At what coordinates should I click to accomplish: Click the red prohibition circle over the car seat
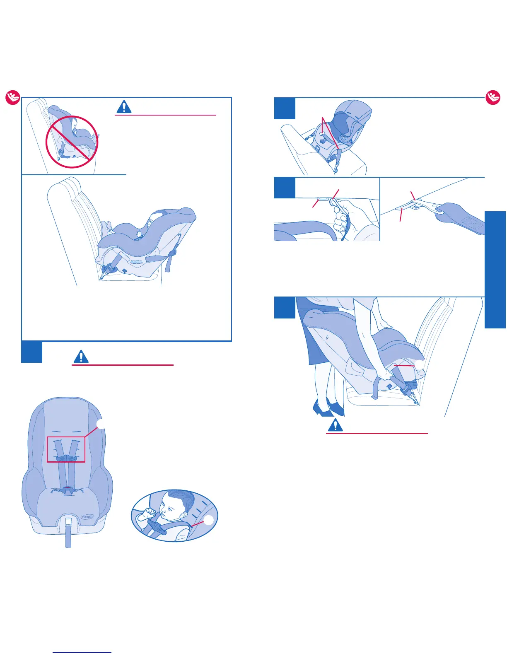pos(72,142)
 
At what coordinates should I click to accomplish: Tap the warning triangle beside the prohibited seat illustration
pos(124,107)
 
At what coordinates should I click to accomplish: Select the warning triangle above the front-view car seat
pos(81,356)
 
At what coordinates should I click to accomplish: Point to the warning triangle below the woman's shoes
pos(335,425)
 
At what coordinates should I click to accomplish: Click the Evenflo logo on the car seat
pos(87,516)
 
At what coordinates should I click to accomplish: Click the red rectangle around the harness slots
pos(66,449)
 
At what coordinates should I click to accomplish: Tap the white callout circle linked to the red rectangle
pos(101,423)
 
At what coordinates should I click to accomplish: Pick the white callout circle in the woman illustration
pos(420,365)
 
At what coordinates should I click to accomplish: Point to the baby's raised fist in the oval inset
pos(147,515)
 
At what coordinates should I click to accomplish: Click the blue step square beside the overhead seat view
pos(285,109)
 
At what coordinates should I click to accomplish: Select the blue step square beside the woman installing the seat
pos(285,308)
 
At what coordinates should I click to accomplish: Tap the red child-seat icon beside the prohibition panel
pos(12,98)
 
